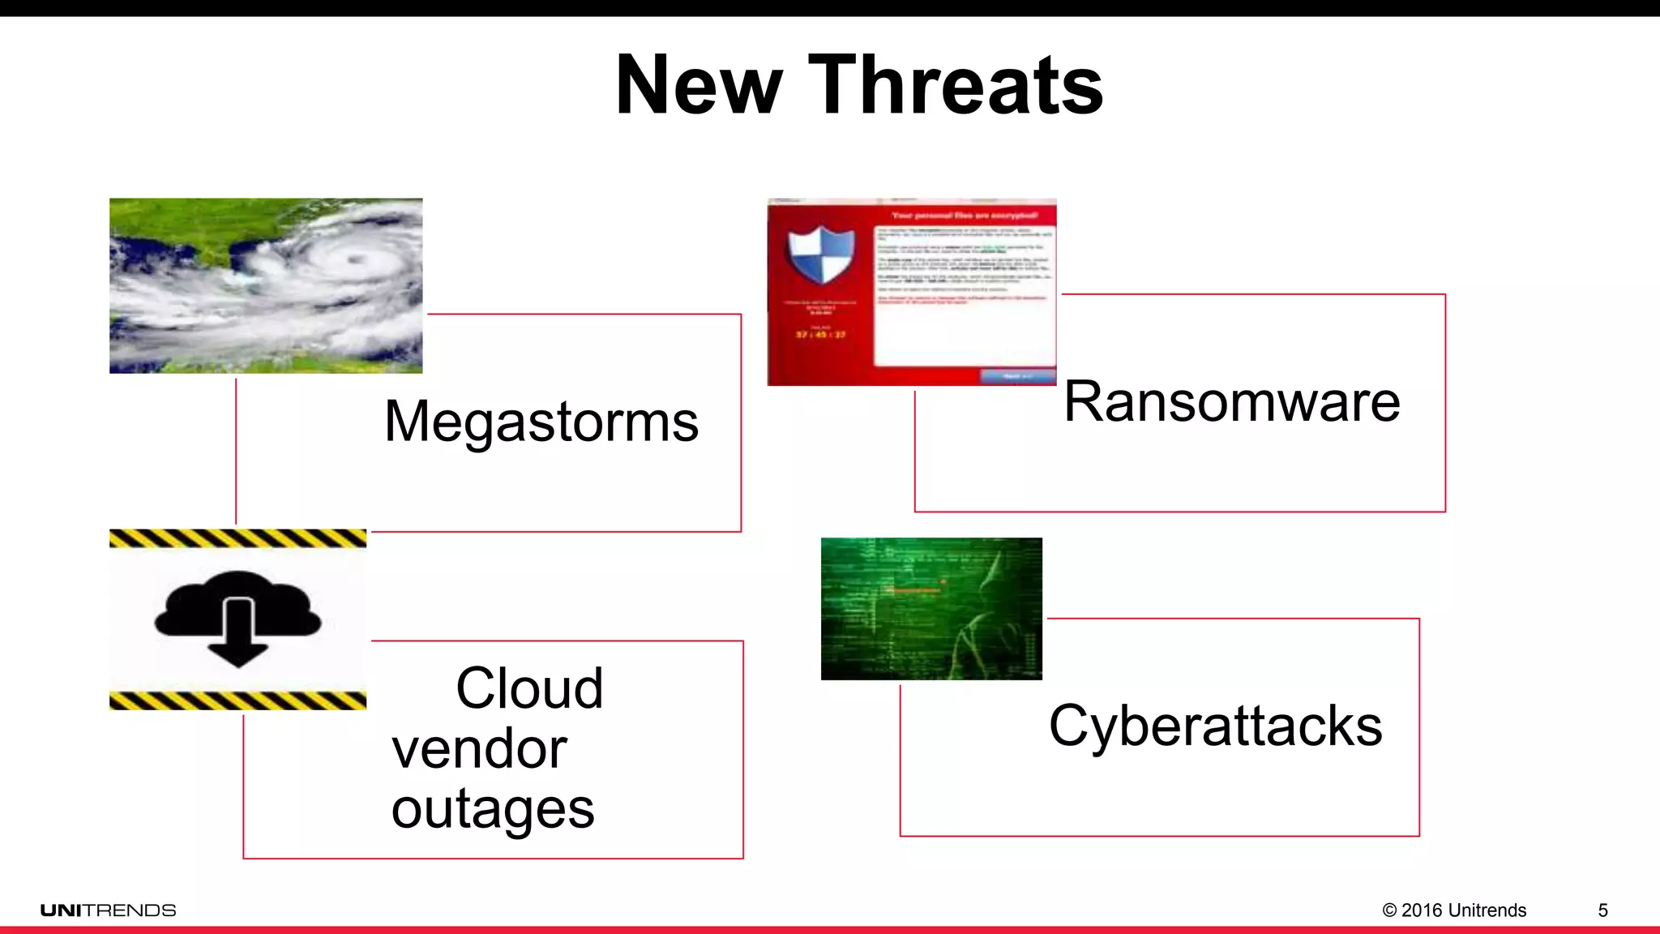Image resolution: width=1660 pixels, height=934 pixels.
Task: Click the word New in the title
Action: point(699,85)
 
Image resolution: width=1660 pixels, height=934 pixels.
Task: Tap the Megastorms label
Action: point(541,422)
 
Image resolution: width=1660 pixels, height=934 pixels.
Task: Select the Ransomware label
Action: point(1231,401)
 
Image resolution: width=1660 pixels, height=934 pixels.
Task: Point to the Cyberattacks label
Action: point(1215,726)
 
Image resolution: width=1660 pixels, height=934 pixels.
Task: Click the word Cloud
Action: point(529,688)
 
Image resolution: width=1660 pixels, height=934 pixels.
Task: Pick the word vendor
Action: point(479,748)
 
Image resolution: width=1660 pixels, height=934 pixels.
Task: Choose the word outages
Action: point(493,808)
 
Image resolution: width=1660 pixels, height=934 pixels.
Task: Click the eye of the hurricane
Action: point(353,259)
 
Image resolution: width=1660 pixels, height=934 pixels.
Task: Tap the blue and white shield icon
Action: point(821,255)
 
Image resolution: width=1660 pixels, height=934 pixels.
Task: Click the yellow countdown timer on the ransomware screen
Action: point(820,334)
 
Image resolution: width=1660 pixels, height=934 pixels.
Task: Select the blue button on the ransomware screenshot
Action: point(1017,376)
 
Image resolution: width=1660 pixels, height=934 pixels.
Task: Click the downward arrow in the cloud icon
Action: point(238,636)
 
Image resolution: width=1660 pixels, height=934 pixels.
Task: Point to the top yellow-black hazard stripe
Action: point(237,538)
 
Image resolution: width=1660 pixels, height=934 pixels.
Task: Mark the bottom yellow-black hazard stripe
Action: point(237,700)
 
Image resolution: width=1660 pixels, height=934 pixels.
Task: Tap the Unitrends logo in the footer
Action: point(108,910)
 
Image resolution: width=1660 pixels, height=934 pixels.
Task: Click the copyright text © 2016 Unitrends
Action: point(1454,910)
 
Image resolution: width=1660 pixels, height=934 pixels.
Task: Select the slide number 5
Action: point(1602,910)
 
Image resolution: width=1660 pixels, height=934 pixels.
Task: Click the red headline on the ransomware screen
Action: point(964,216)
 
